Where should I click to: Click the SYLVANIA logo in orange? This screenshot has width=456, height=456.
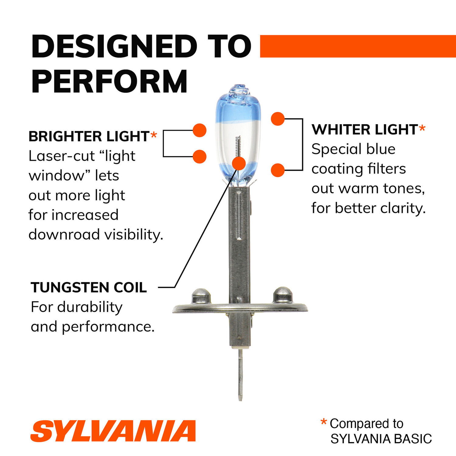pos(113,431)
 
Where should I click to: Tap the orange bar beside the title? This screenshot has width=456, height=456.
pos(358,46)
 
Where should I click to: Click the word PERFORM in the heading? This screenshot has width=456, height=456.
pos(109,81)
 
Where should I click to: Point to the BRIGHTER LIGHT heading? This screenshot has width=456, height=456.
pos(89,136)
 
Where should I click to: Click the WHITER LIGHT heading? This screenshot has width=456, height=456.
pos(364,130)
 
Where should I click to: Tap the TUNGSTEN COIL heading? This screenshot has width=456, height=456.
pos(89,288)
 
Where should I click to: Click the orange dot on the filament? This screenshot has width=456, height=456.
pos(239,164)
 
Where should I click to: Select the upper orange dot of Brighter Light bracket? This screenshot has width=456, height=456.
pos(200,130)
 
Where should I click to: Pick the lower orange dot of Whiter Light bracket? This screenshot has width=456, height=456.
pos(278,170)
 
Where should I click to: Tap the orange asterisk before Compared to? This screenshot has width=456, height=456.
pos(323,422)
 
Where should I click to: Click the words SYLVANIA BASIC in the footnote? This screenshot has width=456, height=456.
pos(381,439)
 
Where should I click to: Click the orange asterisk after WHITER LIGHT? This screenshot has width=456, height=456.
pos(422,129)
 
